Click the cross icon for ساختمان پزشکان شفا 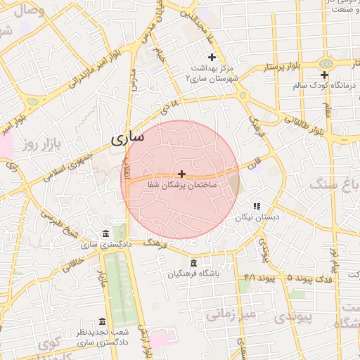coord(182,173)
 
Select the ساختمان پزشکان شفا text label coord(181,184)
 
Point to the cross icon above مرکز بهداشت coord(211,57)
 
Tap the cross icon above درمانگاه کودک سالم coord(324,75)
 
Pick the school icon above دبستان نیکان coord(257,206)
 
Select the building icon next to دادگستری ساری coord(105,233)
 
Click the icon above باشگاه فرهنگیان coord(184,262)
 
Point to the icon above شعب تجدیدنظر coord(102,321)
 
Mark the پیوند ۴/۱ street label coord(257,278)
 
